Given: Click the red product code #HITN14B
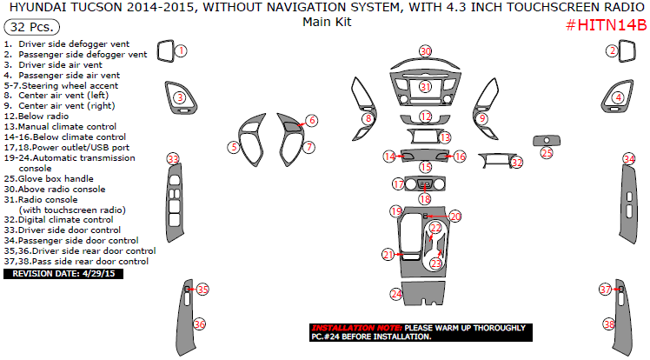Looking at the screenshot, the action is click(x=606, y=25).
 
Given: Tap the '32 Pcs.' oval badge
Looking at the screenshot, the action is click(x=31, y=27).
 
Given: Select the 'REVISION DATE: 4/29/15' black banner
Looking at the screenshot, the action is click(x=63, y=274).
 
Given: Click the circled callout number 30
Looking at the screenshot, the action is click(x=426, y=51).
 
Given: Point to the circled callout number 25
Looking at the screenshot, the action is click(x=547, y=153).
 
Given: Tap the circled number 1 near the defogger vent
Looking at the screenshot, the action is click(x=181, y=50).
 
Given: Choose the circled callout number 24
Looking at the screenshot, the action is click(x=396, y=294).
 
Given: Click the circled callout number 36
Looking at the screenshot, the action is click(x=199, y=324).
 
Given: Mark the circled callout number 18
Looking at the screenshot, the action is click(x=425, y=199).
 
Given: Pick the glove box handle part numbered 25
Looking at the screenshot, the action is click(x=547, y=141).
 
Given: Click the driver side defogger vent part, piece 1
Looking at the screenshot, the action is click(x=166, y=51).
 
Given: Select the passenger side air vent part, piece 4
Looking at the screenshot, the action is click(x=617, y=97).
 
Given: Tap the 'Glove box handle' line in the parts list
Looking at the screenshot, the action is click(x=49, y=179).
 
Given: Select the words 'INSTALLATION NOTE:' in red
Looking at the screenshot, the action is click(x=356, y=328).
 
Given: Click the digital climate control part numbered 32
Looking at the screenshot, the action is click(x=496, y=159).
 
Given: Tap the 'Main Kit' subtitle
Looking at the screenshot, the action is click(x=327, y=22).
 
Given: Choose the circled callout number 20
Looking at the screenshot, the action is click(x=455, y=216).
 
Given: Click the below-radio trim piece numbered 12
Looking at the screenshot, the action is click(x=425, y=121).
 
